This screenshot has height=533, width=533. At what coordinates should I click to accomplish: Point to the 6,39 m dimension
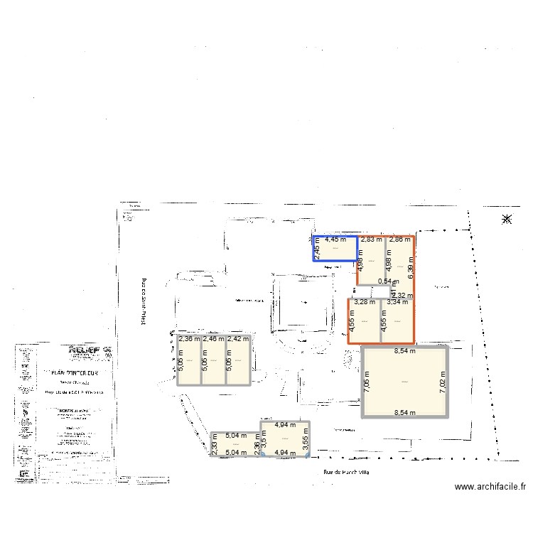pyautogui.click(x=411, y=267)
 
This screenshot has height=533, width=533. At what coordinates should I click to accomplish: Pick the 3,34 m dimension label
pyautogui.click(x=398, y=302)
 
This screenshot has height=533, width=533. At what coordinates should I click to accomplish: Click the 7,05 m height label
pyautogui.click(x=367, y=382)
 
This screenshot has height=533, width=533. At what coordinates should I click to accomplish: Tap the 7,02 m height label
pyautogui.click(x=442, y=382)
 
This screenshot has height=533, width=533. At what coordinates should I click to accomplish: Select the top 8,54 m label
pyautogui.click(x=405, y=350)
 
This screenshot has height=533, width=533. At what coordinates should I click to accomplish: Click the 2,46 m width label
pyautogui.click(x=213, y=339)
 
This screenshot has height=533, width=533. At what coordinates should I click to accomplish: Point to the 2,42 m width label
pyautogui.click(x=238, y=339)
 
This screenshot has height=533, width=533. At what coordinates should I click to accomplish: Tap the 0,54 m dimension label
pyautogui.click(x=388, y=281)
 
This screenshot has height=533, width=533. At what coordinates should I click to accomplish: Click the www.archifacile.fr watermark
pyautogui.click(x=490, y=488)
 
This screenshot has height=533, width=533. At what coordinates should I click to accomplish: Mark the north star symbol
pyautogui.click(x=507, y=220)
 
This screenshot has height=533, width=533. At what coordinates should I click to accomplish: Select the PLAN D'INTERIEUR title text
pyautogui.click(x=77, y=372)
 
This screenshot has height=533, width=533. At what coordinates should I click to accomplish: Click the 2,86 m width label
pyautogui.click(x=399, y=240)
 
